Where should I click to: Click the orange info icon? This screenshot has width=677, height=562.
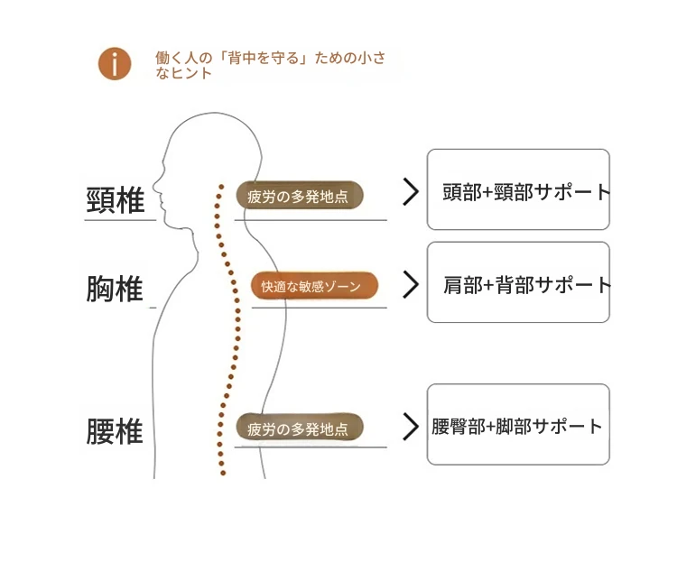pos(115,63)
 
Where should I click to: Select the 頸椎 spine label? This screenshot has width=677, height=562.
pos(116,200)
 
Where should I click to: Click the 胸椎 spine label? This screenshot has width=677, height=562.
pos(115,290)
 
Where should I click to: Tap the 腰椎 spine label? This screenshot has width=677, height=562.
pos(115,430)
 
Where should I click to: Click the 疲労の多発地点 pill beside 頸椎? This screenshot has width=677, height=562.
pos(299,196)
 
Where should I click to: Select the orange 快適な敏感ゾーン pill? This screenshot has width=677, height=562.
pos(313,286)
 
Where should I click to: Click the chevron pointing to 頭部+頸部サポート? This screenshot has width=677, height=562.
pos(411,192)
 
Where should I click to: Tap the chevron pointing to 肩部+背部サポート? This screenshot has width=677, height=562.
pos(411,285)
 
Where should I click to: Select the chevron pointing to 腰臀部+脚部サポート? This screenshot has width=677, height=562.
pos(411,426)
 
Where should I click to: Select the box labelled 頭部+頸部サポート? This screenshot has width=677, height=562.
pos(518,190)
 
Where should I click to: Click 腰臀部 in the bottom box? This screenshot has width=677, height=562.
pos(458,426)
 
